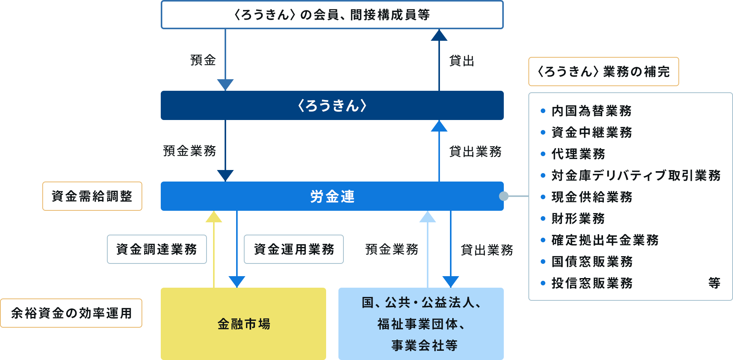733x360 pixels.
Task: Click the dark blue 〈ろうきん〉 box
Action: pos(332,105)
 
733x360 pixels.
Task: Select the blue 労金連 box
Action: pos(332,196)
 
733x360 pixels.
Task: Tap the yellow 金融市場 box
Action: pos(243,324)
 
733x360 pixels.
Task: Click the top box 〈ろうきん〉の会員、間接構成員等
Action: pos(332,15)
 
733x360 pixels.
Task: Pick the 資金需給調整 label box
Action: pos(92,196)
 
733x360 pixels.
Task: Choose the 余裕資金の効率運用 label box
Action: pos(71,313)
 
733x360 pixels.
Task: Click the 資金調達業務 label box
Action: pos(157,249)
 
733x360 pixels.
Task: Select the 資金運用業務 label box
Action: pos(294,249)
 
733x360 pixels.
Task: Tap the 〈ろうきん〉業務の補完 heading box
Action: pos(603,72)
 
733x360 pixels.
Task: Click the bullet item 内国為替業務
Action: pos(591,111)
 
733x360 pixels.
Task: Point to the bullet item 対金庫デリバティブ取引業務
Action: pos(636,175)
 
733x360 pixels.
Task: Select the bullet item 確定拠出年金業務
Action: pos(605,240)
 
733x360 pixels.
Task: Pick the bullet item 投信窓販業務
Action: pos(592,283)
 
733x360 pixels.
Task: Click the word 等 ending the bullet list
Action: pos(714,283)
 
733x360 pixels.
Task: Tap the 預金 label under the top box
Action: pos(203,60)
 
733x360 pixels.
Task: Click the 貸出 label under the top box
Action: pos(461,61)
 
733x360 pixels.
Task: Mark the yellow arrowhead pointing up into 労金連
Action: pos(214,217)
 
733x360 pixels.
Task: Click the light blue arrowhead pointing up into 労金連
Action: pos(428,217)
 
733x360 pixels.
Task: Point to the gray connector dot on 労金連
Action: pos(503,196)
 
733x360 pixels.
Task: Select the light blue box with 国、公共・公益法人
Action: pos(421,324)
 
